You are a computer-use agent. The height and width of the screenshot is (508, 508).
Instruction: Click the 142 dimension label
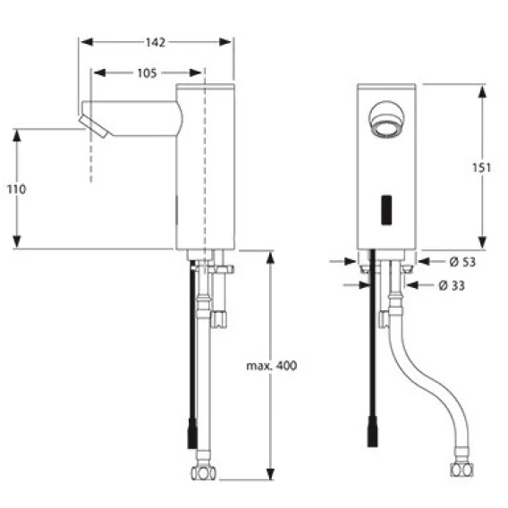156,42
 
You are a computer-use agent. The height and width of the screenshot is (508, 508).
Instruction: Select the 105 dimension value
147,73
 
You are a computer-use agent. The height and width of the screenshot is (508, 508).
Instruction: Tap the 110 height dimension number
16,190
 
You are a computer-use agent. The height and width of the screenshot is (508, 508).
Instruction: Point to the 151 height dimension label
481,167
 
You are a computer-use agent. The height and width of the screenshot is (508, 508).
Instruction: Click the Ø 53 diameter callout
462,262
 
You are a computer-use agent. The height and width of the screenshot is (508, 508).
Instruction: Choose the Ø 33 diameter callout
452,285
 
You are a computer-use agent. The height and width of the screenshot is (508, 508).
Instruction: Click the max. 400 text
272,366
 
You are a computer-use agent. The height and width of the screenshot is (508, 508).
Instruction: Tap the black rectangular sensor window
386,210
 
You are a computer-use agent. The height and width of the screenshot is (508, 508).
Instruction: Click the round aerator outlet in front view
387,119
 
